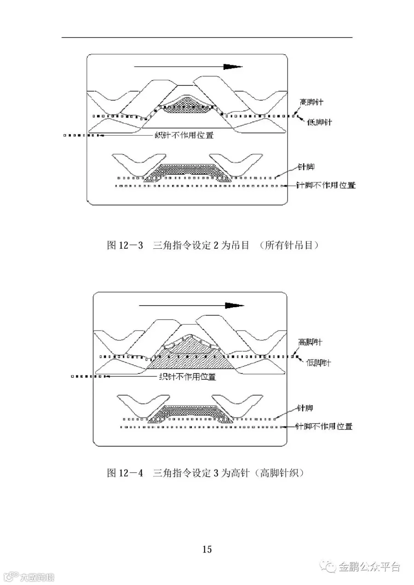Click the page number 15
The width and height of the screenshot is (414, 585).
click(207, 549)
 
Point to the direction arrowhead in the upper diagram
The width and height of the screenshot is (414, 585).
click(232, 67)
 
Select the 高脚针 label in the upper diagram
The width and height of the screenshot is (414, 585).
click(311, 102)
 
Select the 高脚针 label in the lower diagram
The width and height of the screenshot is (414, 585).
click(310, 342)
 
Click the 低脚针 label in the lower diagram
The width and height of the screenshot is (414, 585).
click(318, 363)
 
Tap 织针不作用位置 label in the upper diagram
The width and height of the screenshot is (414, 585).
click(184, 135)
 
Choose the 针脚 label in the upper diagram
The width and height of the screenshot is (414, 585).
click(306, 168)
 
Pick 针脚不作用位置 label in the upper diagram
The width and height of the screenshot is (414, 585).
click(325, 185)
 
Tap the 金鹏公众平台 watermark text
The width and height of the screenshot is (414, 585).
click(369, 567)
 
